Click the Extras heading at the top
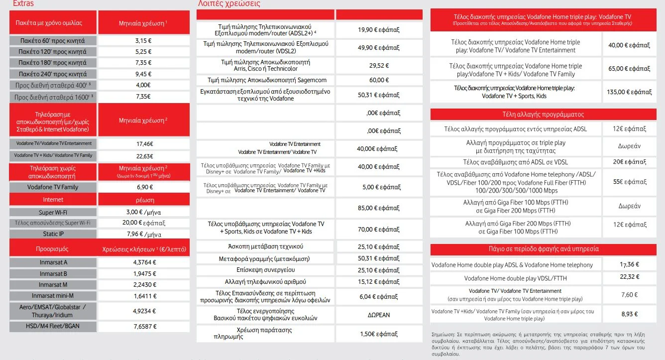pos(23,3)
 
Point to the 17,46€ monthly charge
pos(144,143)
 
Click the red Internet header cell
pos(53,200)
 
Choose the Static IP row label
pos(54,234)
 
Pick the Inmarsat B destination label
pos(54,274)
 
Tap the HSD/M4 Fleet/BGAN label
pos(54,327)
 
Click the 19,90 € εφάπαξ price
pos(378,30)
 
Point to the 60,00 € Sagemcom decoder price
pos(378,80)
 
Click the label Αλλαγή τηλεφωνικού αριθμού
pos(266,282)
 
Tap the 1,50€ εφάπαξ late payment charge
pos(379,334)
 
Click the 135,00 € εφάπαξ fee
pos(629,92)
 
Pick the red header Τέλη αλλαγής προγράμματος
pos(543,115)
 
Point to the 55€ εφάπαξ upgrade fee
pos(629,182)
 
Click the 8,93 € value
pos(630,315)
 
